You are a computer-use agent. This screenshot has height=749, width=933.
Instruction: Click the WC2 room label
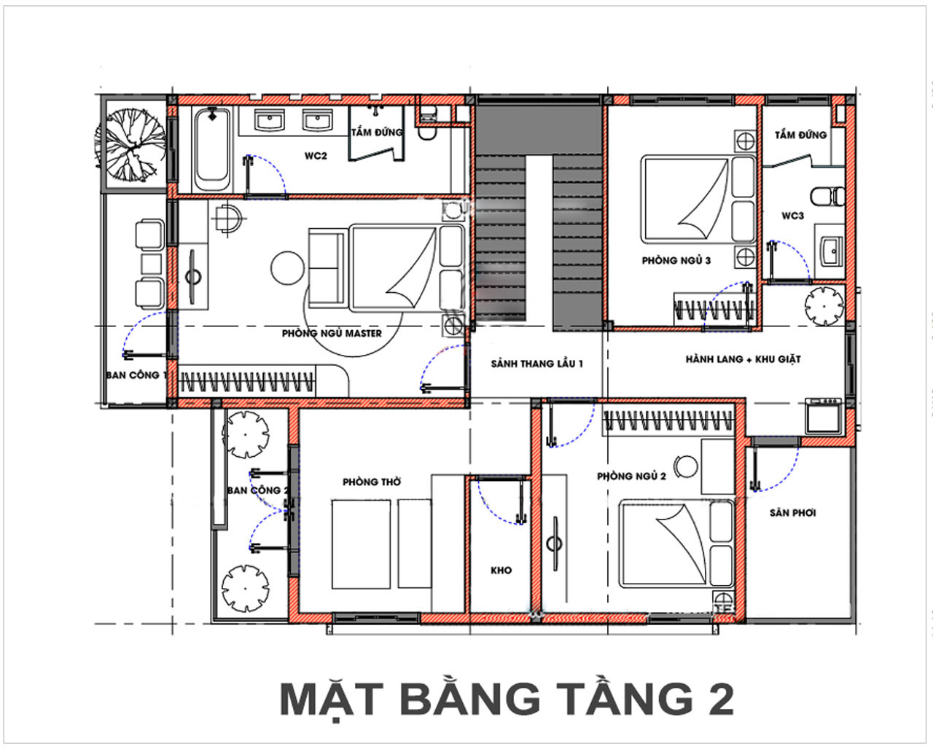[x=316, y=156]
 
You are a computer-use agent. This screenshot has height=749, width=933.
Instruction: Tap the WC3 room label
[x=792, y=216]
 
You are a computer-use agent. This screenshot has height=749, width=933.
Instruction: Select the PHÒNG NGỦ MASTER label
[x=332, y=333]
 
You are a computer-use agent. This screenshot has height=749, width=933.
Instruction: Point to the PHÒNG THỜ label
[x=372, y=482]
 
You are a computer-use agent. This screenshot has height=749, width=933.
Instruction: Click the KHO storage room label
[x=501, y=570]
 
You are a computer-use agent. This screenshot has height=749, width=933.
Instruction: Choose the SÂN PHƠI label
[x=792, y=513]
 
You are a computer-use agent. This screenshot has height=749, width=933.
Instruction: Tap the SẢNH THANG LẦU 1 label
[x=536, y=364]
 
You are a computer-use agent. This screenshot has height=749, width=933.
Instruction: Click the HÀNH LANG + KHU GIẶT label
[x=743, y=359]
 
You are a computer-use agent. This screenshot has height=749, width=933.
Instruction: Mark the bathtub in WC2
[x=212, y=149]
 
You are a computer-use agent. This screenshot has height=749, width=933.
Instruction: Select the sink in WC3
[x=829, y=251]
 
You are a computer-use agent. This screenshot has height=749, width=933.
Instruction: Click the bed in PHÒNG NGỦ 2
[x=676, y=544]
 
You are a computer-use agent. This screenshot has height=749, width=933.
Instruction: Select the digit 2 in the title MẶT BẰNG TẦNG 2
[x=719, y=699]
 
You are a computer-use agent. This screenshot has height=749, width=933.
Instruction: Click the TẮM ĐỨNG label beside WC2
[x=376, y=133]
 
